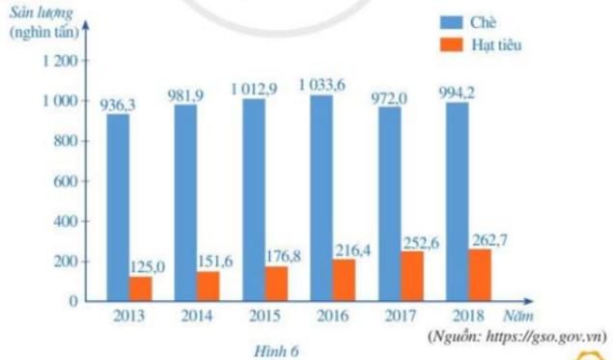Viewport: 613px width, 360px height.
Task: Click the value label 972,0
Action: coord(390,96)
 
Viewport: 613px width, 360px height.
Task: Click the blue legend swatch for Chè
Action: coord(446,22)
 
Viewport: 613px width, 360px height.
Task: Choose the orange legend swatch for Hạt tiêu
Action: coord(446,43)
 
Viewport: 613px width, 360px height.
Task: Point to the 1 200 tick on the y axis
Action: coord(58,61)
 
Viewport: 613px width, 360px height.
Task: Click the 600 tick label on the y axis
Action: coord(64,181)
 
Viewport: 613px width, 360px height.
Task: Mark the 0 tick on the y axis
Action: coord(72,301)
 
